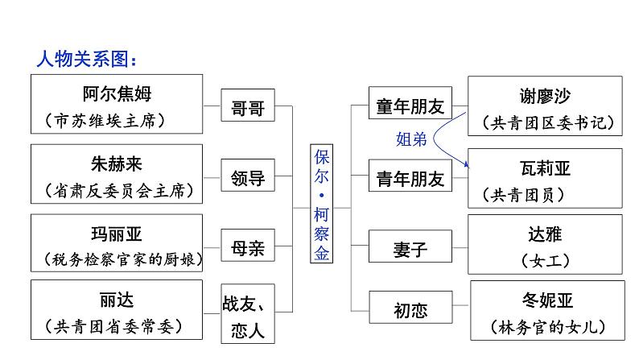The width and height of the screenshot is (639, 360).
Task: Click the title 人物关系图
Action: click(88, 59)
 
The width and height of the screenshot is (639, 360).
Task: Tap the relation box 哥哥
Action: click(248, 108)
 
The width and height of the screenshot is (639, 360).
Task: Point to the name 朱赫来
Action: click(117, 163)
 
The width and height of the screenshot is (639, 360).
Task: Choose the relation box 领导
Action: click(248, 178)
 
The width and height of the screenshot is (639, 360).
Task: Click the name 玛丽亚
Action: click(117, 234)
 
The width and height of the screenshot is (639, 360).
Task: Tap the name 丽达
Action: click(117, 300)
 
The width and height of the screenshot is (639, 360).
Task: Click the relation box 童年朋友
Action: click(410, 106)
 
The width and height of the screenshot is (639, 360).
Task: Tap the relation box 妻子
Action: click(410, 250)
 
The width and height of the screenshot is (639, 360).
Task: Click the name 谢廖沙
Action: click(545, 95)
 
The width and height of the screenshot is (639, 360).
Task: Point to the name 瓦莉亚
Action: click(545, 168)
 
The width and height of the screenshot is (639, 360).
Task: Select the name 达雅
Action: click(545, 234)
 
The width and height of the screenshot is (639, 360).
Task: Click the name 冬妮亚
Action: click(546, 301)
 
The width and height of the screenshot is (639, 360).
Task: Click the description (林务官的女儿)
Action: click(546, 328)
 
